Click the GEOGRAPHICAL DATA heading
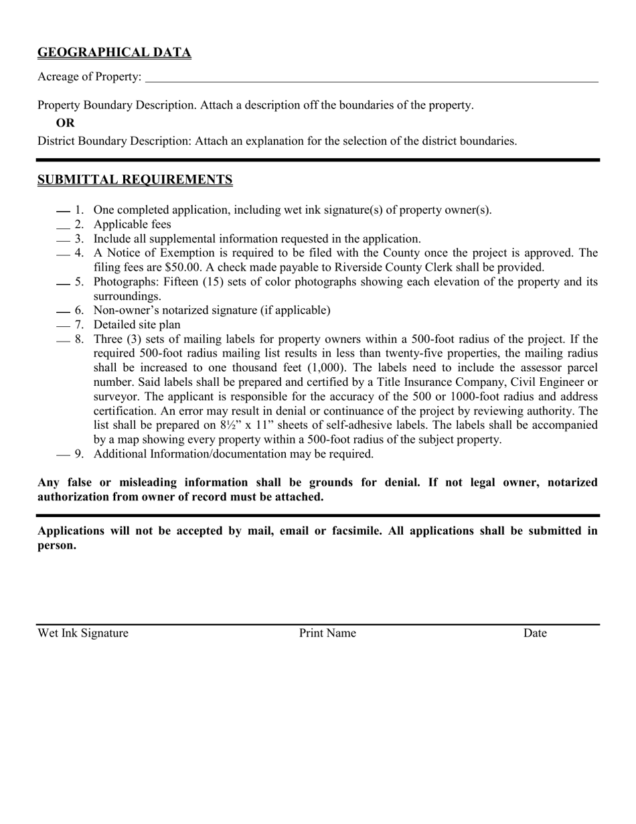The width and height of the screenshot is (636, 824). tap(114, 52)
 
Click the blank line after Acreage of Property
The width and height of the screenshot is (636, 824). tap(371, 78)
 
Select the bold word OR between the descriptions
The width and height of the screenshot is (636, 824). tap(65, 123)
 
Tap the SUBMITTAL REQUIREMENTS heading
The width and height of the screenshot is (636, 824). tap(135, 180)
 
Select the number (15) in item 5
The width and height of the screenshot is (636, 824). tap(234, 282)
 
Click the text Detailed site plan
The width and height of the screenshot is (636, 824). tap(137, 325)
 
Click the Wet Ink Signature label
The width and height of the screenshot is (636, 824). tap(83, 633)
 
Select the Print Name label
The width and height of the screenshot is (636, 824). tap(327, 633)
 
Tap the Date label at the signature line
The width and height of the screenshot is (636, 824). tap(535, 633)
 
